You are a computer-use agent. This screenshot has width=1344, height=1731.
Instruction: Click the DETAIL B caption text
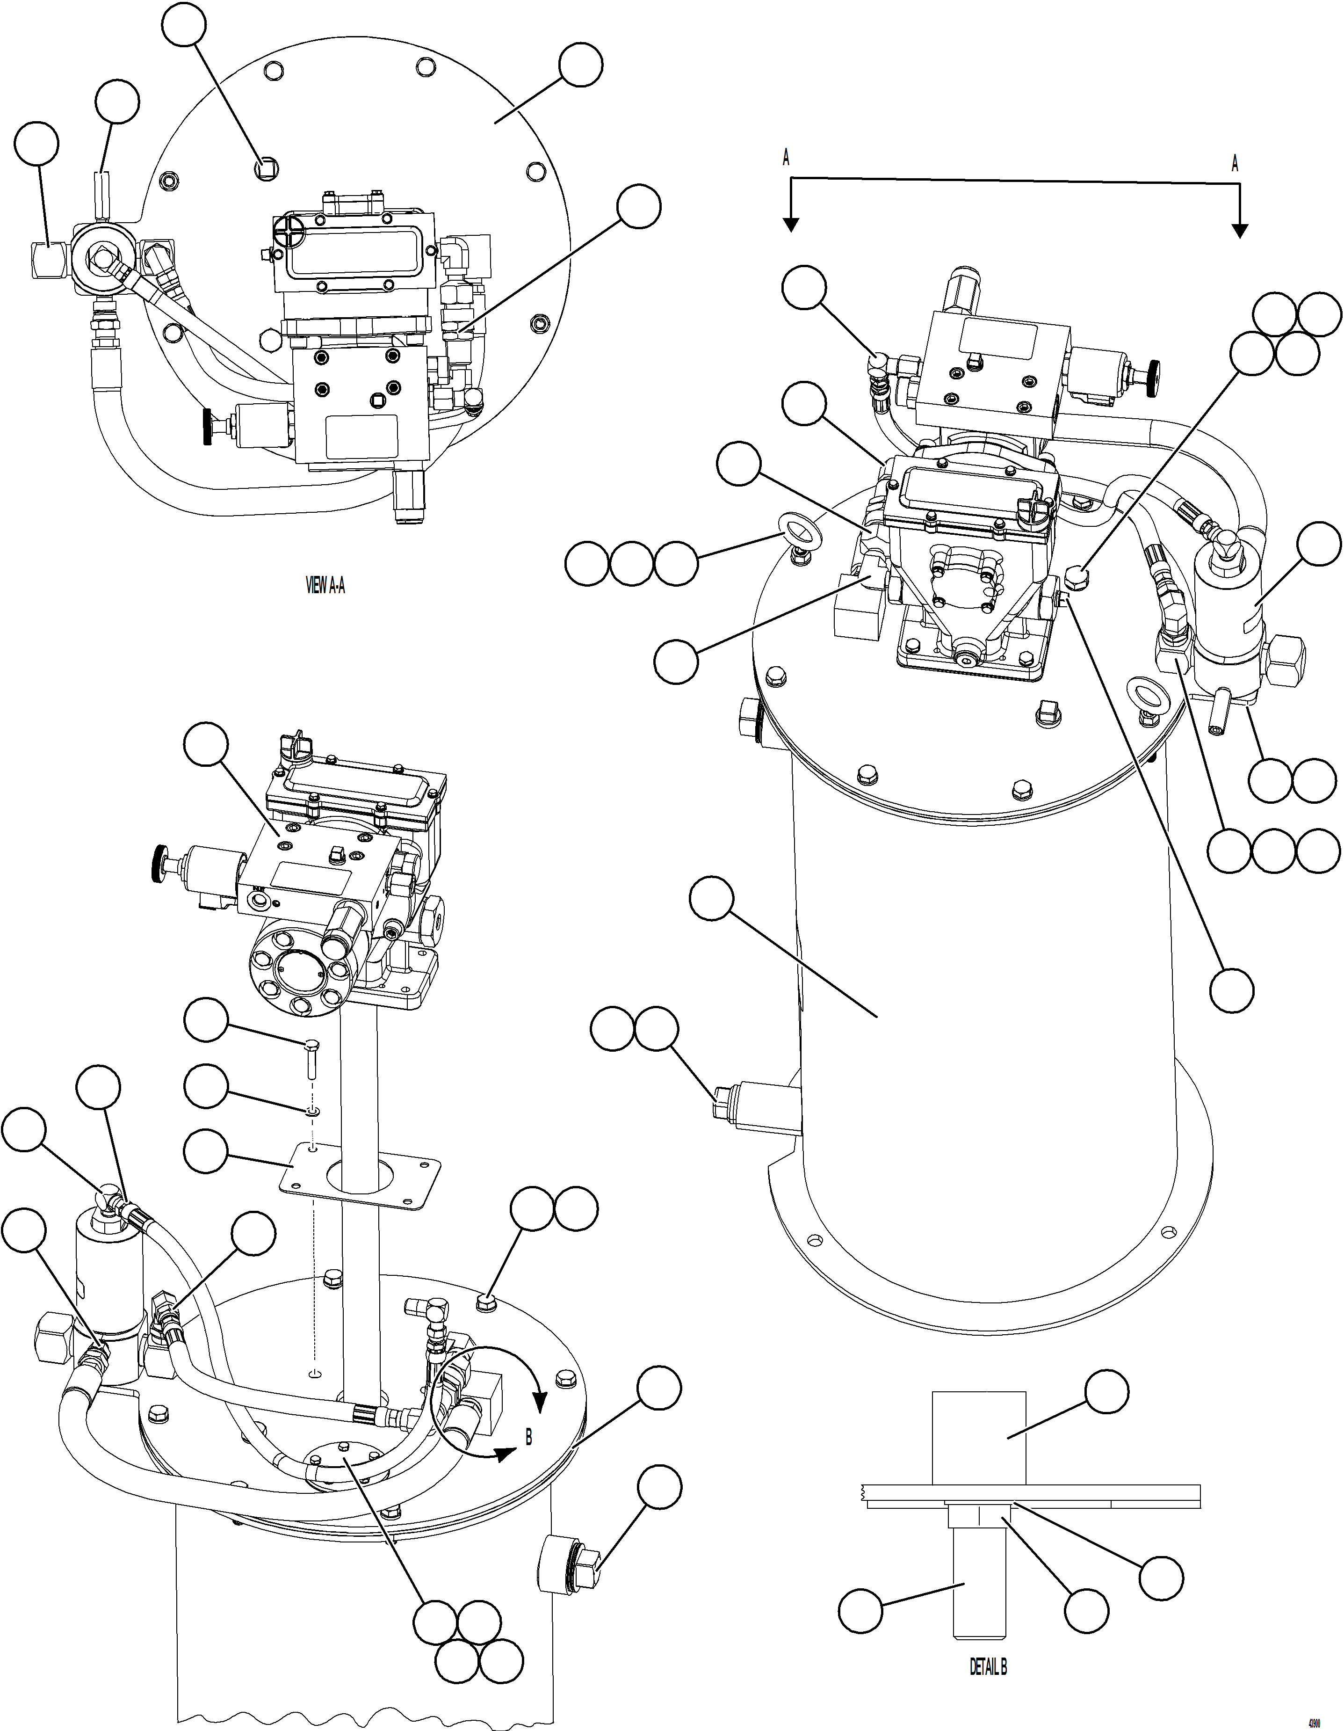click(988, 1667)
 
